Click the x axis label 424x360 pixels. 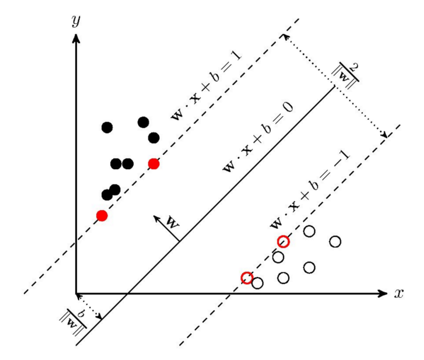tap(399, 294)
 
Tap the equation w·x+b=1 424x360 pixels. tap(206, 87)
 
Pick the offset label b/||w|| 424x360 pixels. tap(73, 323)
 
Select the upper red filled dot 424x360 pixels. tap(154, 164)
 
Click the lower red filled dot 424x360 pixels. tap(102, 215)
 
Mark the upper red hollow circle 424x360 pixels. tap(283, 242)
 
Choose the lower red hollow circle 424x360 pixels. tap(247, 277)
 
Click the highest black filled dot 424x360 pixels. tap(143, 122)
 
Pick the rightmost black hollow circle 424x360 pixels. tap(335, 242)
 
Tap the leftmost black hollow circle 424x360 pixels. tap(257, 283)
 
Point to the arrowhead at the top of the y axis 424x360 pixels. tap(77, 37)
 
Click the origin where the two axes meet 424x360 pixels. tap(77, 294)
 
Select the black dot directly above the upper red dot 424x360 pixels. tap(154, 137)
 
